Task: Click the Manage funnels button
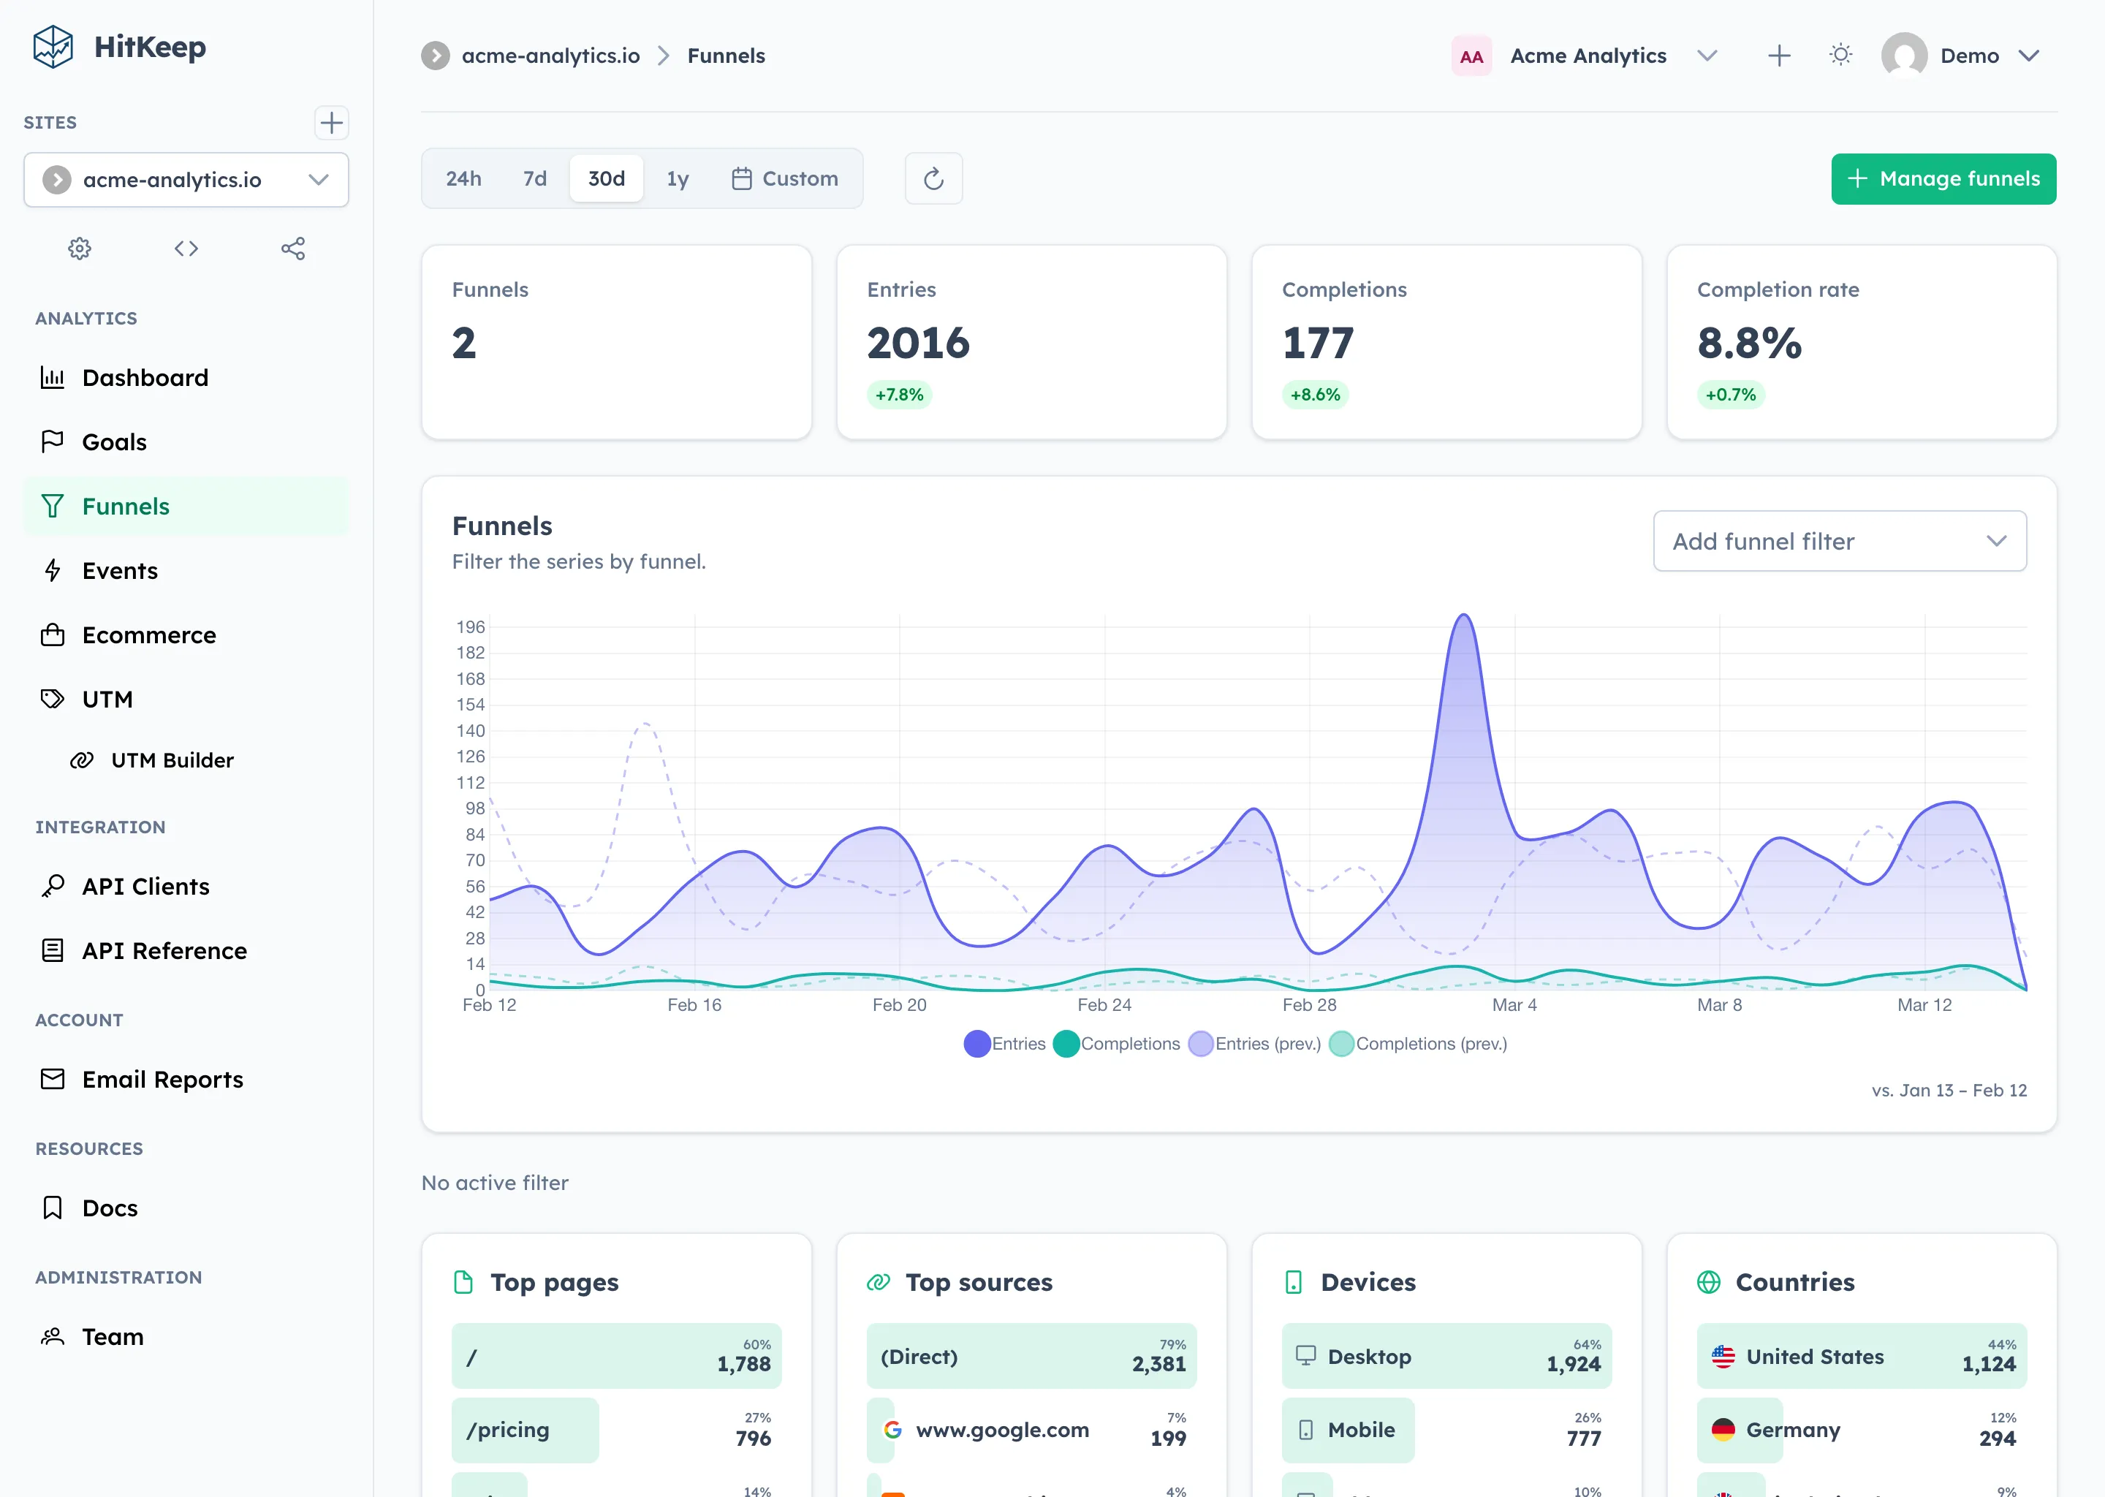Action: pos(1943,179)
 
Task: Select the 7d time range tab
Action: pos(534,179)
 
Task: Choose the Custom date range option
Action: pos(785,179)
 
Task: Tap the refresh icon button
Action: pos(933,179)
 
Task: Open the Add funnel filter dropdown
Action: pos(1839,541)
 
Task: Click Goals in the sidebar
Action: pos(114,442)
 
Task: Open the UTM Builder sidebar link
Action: pos(172,760)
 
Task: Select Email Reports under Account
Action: pos(162,1080)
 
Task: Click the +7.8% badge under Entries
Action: pos(898,395)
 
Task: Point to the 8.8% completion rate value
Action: pos(1748,344)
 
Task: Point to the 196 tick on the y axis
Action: pos(470,627)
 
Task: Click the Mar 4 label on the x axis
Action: pos(1514,1005)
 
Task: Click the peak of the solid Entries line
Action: pos(1463,615)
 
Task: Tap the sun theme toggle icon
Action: pos(1840,56)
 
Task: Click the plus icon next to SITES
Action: pos(331,123)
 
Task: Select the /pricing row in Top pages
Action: pos(526,1430)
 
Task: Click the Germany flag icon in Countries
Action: pos(1723,1430)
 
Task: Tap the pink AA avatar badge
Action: pos(1471,56)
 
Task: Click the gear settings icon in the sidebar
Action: pos(80,249)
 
